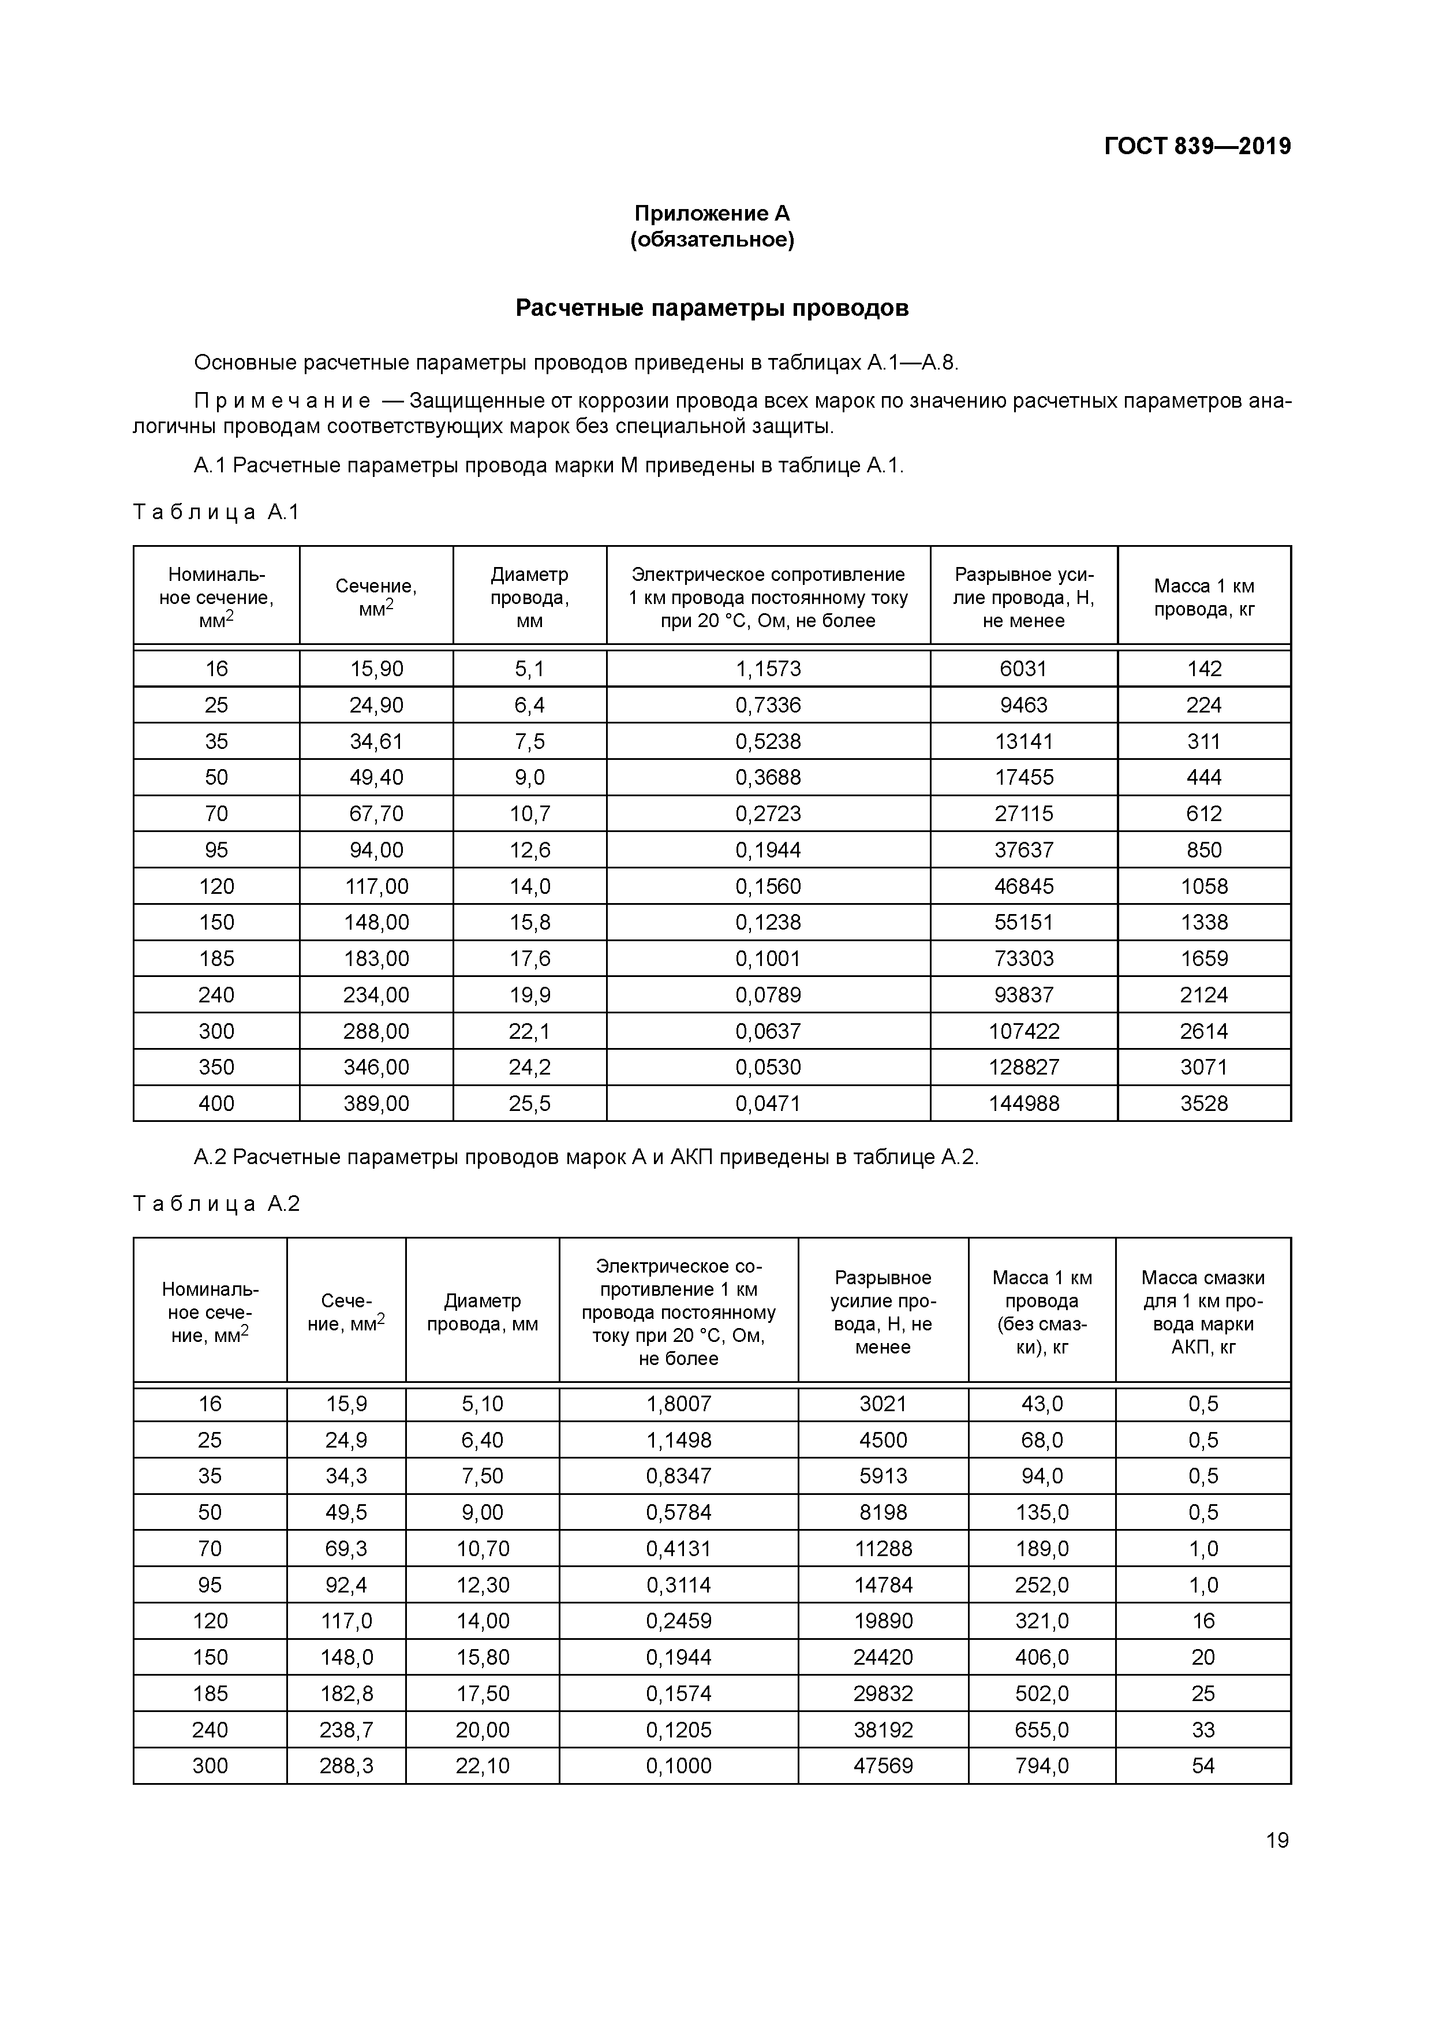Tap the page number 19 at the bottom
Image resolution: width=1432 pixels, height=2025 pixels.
click(1277, 1840)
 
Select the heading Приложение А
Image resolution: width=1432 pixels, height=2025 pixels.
click(712, 214)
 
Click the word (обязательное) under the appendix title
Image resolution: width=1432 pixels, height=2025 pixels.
click(712, 240)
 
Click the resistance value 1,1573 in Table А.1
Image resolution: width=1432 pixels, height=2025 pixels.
click(768, 669)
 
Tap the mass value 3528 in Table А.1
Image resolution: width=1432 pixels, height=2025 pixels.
click(1203, 1103)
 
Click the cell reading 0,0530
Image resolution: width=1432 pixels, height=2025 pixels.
click(768, 1067)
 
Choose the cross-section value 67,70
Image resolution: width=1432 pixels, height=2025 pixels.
click(376, 813)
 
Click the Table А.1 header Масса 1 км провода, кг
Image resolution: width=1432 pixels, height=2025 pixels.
click(1203, 597)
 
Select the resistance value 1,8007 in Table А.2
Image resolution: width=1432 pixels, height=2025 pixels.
click(678, 1404)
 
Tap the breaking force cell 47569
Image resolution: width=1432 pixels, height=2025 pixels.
click(883, 1766)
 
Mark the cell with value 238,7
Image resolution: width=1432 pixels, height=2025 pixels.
click(346, 1729)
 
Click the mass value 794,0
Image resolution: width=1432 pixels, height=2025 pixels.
click(1041, 1766)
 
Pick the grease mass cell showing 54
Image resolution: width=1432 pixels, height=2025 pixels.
click(1203, 1766)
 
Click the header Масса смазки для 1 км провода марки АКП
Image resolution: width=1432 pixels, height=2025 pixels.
click(1203, 1312)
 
